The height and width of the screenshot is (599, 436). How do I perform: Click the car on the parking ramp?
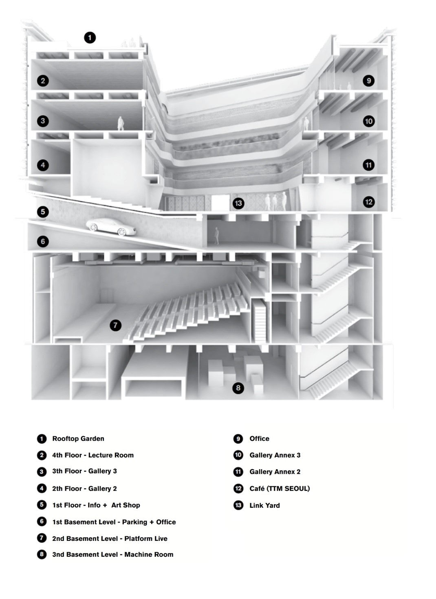pyautogui.click(x=110, y=227)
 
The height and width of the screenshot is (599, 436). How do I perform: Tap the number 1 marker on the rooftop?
pyautogui.click(x=90, y=38)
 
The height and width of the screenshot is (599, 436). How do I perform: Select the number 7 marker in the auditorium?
pyautogui.click(x=115, y=326)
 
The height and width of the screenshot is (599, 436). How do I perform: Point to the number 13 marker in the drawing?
pyautogui.click(x=238, y=203)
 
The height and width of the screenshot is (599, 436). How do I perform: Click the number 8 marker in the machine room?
pyautogui.click(x=238, y=388)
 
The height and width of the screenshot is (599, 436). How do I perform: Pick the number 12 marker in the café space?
pyautogui.click(x=368, y=202)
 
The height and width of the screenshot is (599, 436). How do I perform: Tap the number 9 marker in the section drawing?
pyautogui.click(x=368, y=81)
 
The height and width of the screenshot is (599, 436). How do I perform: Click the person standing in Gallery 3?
pyautogui.click(x=121, y=123)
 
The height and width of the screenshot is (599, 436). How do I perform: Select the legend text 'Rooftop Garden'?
pyautogui.click(x=78, y=439)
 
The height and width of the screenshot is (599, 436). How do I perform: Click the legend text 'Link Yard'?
pyautogui.click(x=264, y=505)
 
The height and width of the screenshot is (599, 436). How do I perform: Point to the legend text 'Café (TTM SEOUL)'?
pyautogui.click(x=280, y=489)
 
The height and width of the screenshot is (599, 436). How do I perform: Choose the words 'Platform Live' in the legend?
pyautogui.click(x=146, y=538)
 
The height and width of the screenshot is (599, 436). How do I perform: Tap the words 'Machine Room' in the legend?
pyautogui.click(x=149, y=555)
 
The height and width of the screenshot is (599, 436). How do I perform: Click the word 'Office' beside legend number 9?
pyautogui.click(x=259, y=439)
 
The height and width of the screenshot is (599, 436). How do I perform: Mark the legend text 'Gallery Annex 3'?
pyautogui.click(x=275, y=455)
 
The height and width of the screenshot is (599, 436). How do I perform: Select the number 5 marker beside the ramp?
pyautogui.click(x=43, y=212)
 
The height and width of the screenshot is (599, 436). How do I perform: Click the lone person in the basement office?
pyautogui.click(x=216, y=236)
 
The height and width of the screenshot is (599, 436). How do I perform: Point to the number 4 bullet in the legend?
pyautogui.click(x=42, y=489)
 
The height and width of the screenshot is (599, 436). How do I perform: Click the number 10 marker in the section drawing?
pyautogui.click(x=368, y=121)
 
